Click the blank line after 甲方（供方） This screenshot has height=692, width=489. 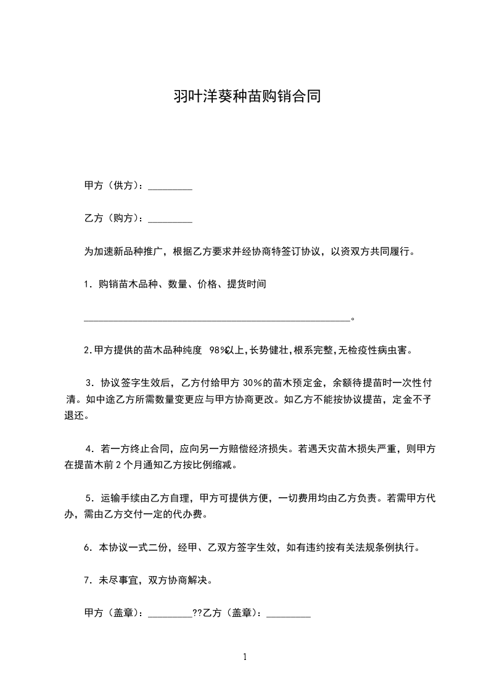[171, 186]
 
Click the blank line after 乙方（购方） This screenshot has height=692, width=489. [171, 218]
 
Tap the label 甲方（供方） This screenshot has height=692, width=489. [113, 185]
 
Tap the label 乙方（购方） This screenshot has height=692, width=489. [113, 218]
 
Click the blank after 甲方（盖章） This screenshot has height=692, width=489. [171, 615]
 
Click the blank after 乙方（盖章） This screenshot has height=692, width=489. [288, 615]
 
